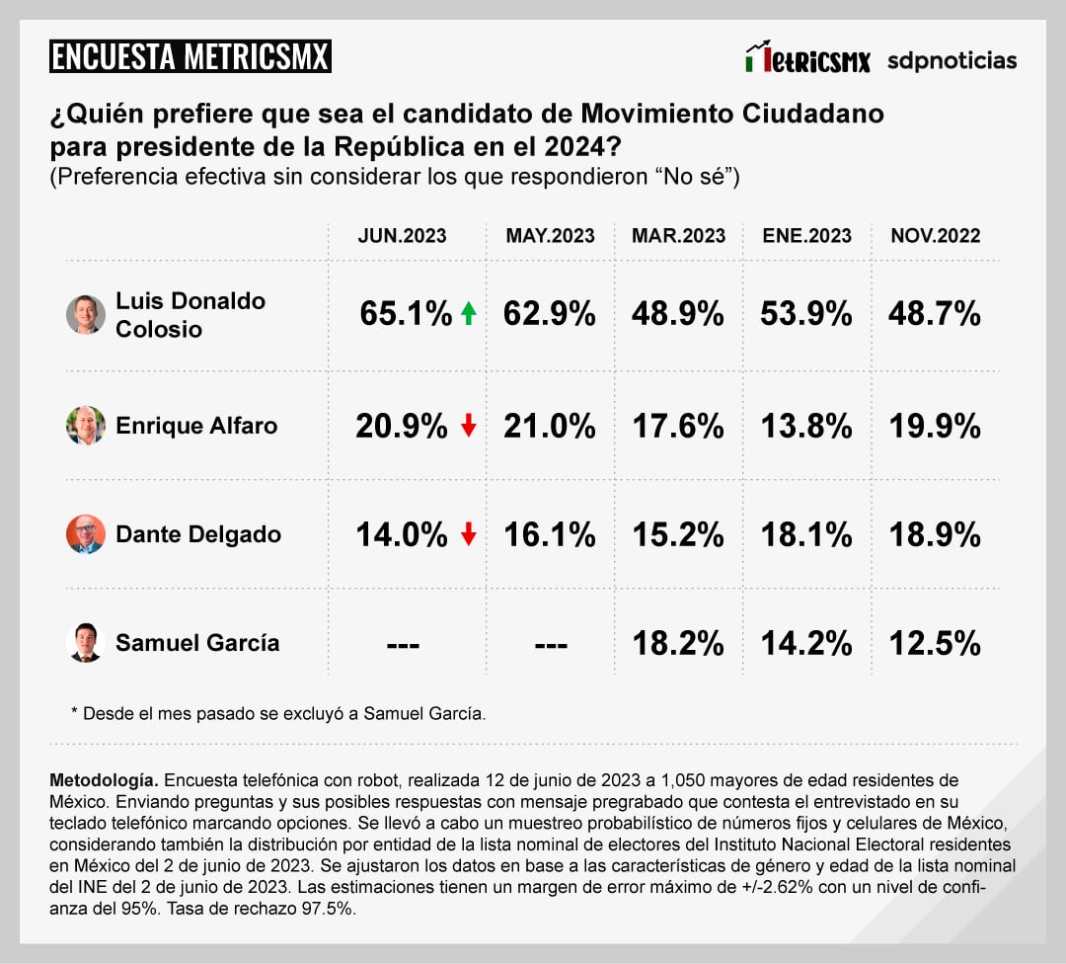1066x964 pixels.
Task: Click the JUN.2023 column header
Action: (402, 236)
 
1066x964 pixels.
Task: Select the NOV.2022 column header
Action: (936, 236)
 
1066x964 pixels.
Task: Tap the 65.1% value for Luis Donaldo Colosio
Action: (406, 314)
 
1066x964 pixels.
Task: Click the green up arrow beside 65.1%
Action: (469, 314)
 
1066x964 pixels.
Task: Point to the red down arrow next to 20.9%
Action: (469, 426)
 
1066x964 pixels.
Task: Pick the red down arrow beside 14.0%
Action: (469, 534)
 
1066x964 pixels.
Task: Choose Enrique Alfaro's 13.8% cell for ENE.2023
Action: (806, 426)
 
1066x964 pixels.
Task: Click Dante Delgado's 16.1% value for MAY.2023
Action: (550, 534)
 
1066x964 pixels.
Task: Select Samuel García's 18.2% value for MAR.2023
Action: (677, 643)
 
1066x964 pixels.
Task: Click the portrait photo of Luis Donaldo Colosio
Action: (86, 314)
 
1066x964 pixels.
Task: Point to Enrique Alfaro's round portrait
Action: (86, 426)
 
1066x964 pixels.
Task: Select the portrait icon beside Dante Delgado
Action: (86, 534)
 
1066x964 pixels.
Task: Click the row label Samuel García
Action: (197, 643)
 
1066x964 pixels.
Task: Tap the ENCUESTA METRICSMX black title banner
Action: (190, 56)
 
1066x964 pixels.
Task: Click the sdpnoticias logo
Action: (952, 60)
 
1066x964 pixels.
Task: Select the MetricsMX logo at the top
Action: (808, 58)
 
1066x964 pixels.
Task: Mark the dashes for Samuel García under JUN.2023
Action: (402, 644)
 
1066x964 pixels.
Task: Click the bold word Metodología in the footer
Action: (102, 780)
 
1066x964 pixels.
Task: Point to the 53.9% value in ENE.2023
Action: (806, 314)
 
